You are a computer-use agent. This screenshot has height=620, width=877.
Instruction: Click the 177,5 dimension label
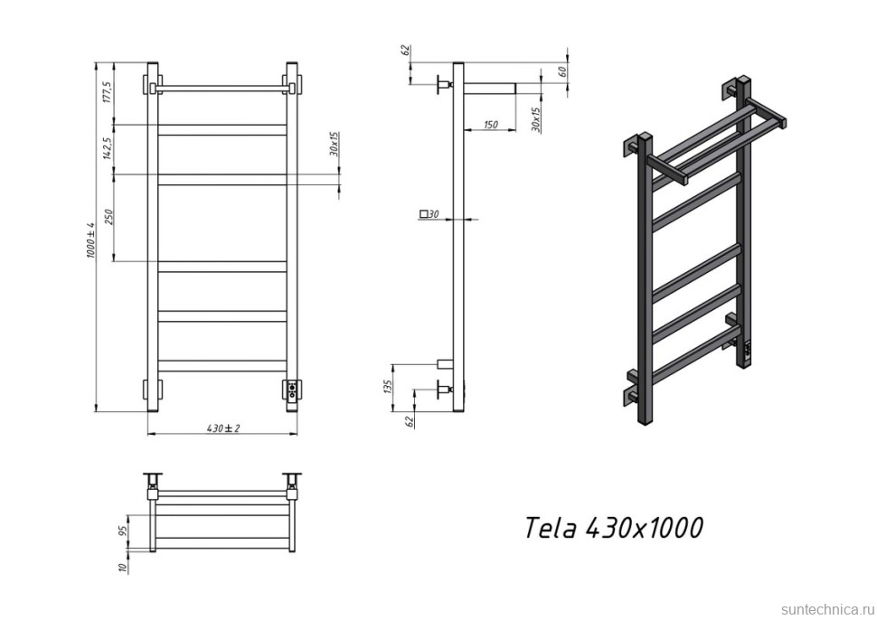(106, 92)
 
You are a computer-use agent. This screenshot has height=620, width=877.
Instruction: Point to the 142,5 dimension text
(106, 148)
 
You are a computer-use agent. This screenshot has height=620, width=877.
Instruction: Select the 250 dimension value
(106, 217)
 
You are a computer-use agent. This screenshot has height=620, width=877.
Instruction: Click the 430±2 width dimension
(222, 428)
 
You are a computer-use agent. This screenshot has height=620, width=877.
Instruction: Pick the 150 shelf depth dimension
(490, 125)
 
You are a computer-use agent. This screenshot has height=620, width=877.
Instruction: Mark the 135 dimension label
(388, 387)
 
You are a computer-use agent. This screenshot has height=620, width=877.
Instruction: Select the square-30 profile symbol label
(429, 214)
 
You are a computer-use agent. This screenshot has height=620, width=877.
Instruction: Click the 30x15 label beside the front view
(334, 145)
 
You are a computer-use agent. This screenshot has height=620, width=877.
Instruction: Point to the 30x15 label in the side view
(535, 119)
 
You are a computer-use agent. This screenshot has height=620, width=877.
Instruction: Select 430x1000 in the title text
(644, 528)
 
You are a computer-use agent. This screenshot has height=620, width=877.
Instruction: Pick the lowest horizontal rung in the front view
(222, 366)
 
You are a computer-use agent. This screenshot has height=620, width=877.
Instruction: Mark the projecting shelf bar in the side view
(489, 89)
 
